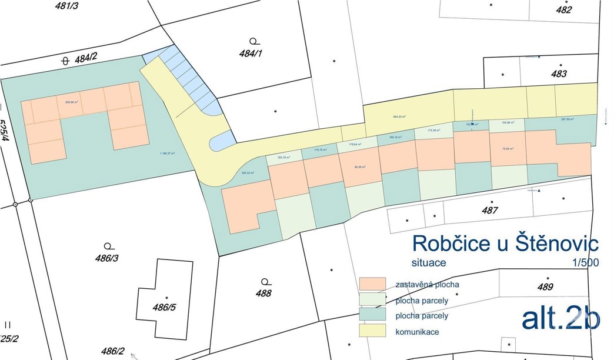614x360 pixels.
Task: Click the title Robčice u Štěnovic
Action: (x=505, y=243)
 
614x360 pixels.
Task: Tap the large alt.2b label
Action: (x=560, y=318)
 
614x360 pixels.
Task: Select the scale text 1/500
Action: (x=584, y=262)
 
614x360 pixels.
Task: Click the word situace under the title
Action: (x=429, y=262)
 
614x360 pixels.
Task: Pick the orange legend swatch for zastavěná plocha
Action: (x=372, y=284)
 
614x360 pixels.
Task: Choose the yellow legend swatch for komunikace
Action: (x=372, y=331)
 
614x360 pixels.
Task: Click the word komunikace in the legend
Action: (x=417, y=332)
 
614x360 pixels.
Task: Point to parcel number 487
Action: (x=489, y=210)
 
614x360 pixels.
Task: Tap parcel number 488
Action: (x=264, y=293)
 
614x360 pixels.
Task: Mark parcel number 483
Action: (x=559, y=74)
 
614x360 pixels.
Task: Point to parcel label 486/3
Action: (x=106, y=258)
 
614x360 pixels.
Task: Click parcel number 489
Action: (x=545, y=287)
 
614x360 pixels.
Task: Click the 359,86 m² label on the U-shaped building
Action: (x=72, y=101)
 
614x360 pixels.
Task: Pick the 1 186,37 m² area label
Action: (x=167, y=154)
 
